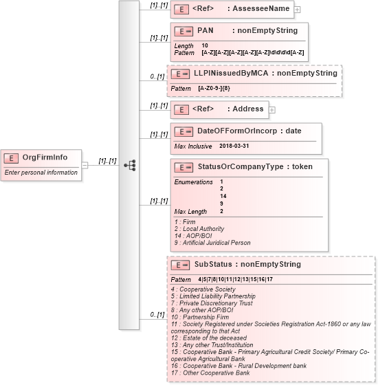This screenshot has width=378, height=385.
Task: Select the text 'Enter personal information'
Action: point(41,173)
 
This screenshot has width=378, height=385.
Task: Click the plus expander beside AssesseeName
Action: point(298,10)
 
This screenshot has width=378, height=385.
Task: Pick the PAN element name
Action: point(205,31)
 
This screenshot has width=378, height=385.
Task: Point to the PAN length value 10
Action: point(205,45)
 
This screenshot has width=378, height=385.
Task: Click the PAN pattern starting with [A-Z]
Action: point(253,52)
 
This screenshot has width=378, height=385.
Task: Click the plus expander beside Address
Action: point(272,109)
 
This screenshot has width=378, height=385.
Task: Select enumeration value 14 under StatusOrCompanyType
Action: point(222,196)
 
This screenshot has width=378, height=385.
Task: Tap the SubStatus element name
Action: point(213,264)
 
